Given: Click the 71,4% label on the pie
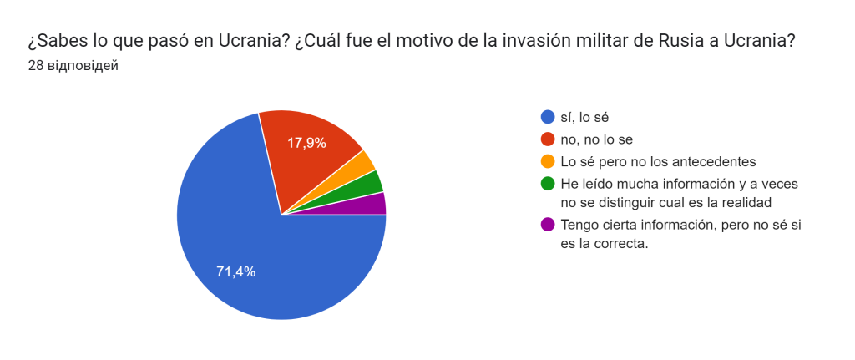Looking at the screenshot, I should pyautogui.click(x=235, y=271).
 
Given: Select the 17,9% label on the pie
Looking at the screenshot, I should pyautogui.click(x=306, y=143).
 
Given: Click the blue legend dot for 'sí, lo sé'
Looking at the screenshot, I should pyautogui.click(x=548, y=117).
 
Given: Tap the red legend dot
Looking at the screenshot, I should pyautogui.click(x=548, y=139).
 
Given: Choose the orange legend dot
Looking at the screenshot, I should pyautogui.click(x=548, y=160).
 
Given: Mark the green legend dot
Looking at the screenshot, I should pyautogui.click(x=548, y=182).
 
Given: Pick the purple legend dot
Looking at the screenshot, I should pyautogui.click(x=548, y=224).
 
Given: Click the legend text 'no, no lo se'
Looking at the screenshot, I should pyautogui.click(x=598, y=139).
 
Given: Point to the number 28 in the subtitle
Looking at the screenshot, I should pyautogui.click(x=36, y=66).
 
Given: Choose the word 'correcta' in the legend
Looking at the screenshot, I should pyautogui.click(x=620, y=245).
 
